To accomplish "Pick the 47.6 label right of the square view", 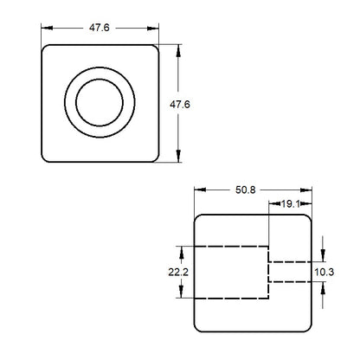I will point(179,105).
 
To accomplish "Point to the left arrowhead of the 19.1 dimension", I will point(273,204).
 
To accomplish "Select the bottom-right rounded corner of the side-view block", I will point(306,327).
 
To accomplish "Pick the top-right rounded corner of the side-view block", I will point(306,218).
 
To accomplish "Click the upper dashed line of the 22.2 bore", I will point(229,247).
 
